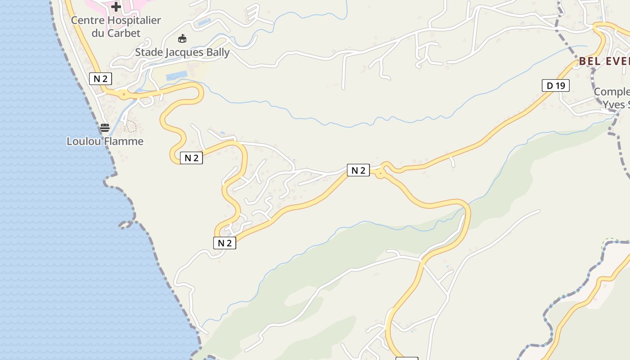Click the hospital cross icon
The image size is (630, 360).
[116, 7]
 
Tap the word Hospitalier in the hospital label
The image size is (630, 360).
[133, 21]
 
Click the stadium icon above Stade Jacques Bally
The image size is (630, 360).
[182, 39]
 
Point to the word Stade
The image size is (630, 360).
[149, 53]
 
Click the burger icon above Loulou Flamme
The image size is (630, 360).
[105, 128]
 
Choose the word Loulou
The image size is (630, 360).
[84, 141]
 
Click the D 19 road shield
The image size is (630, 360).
[555, 85]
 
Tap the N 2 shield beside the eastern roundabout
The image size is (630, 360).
[358, 170]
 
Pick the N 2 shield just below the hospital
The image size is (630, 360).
[100, 79]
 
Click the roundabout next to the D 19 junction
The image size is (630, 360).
[381, 172]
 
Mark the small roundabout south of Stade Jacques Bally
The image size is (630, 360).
[123, 94]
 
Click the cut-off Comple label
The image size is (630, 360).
[612, 92]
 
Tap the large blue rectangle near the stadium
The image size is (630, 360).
[176, 76]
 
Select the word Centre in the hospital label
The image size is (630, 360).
[87, 21]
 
